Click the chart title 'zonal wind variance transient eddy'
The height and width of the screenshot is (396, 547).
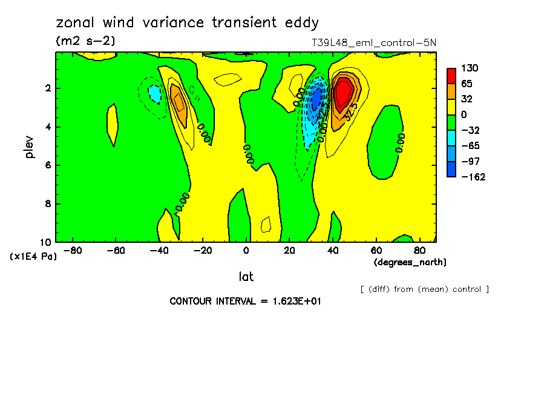[187, 23]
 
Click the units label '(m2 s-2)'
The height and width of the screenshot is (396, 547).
[85, 41]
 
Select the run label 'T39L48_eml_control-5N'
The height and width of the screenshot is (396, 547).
[373, 43]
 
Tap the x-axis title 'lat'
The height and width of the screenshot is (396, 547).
[246, 277]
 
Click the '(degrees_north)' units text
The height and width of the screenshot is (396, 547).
[410, 262]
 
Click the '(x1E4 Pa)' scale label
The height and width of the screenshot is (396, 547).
[33, 256]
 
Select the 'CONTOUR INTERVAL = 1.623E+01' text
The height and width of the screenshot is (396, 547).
[245, 301]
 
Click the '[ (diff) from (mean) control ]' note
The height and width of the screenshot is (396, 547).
[424, 289]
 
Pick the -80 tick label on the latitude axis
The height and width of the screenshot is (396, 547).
[73, 249]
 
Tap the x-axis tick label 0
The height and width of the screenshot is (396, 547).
[246, 249]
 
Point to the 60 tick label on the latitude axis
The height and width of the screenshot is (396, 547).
[376, 249]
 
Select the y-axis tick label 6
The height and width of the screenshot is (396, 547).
[49, 165]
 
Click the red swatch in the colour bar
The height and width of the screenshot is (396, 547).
[451, 75]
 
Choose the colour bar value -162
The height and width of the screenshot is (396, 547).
[472, 177]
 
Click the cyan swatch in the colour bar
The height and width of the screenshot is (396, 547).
[451, 138]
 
